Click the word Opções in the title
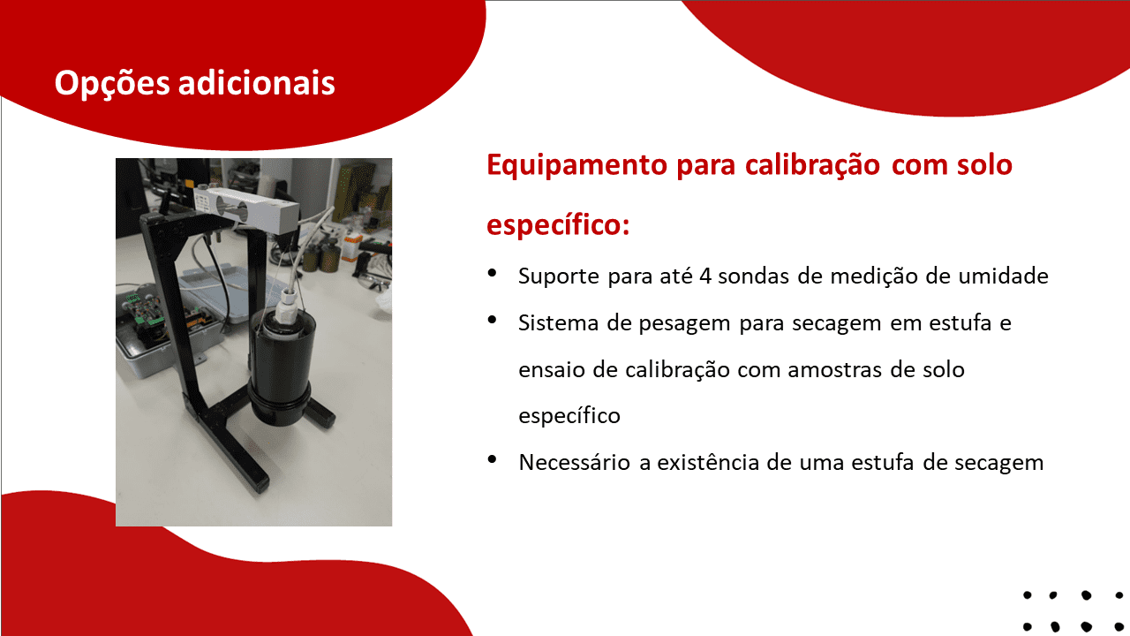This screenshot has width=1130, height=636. coord(112,84)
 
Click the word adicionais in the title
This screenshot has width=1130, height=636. coord(257,82)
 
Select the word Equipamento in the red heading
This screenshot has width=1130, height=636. coord(576,166)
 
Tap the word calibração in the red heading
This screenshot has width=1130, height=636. coord(813,165)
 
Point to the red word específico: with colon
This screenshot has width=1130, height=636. coord(559,225)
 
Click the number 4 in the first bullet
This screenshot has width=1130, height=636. coord(705,276)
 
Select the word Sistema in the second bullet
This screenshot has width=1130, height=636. coord(558,323)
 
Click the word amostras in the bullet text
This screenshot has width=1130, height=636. coord(834,370)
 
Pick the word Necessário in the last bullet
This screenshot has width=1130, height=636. coord(574,462)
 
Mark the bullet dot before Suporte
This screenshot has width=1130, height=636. coord(493,273)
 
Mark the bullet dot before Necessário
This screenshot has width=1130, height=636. coord(493,459)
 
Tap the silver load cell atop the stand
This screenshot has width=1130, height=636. coord(245,209)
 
